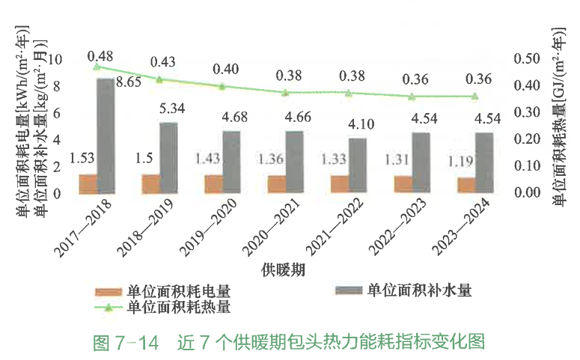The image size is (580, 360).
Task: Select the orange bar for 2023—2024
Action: tap(466, 185)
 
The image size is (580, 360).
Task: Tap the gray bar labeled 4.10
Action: tap(358, 165)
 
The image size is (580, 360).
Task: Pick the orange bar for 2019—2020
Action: tap(214, 183)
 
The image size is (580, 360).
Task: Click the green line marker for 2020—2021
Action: tap(284, 92)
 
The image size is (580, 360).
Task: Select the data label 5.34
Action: tap(170, 110)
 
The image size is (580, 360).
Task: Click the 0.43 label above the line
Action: tap(163, 61)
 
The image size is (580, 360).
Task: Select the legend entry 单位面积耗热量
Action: tap(179, 307)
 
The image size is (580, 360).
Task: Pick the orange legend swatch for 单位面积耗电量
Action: tap(109, 291)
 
